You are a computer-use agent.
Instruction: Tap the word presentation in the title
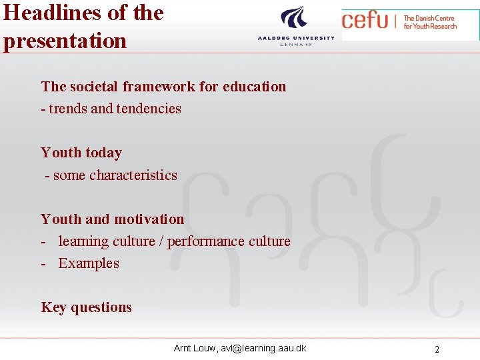click(65, 40)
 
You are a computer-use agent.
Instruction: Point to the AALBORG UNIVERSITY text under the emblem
click(296, 39)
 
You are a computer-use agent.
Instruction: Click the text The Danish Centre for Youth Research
click(430, 22)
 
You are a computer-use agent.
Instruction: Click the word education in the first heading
click(254, 87)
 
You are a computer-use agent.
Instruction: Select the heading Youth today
click(81, 153)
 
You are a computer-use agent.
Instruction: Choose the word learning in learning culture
click(83, 241)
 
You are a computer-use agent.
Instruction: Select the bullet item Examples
click(89, 263)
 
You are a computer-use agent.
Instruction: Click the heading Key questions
click(86, 307)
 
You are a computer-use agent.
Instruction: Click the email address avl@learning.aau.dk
click(265, 348)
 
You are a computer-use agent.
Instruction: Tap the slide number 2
click(437, 349)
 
